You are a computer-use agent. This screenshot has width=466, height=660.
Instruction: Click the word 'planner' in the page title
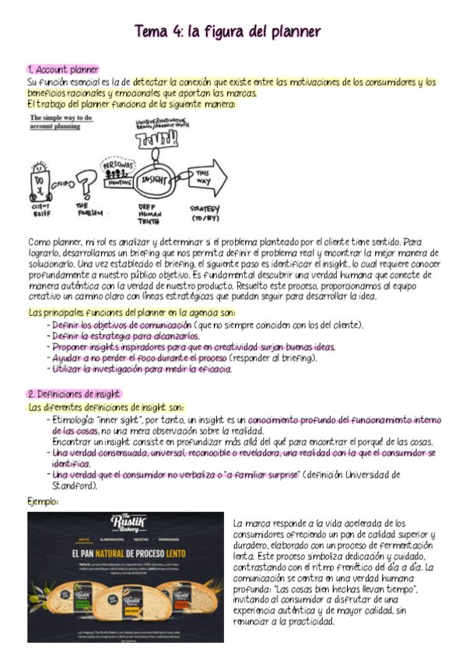tap(287, 32)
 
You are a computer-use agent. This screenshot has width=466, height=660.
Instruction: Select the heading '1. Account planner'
tap(62, 70)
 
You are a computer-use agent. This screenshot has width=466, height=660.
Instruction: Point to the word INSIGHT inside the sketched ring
tap(152, 178)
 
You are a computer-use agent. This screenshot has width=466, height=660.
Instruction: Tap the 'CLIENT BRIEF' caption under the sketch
tap(41, 210)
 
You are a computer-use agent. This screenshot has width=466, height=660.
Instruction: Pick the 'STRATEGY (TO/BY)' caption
tap(205, 212)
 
